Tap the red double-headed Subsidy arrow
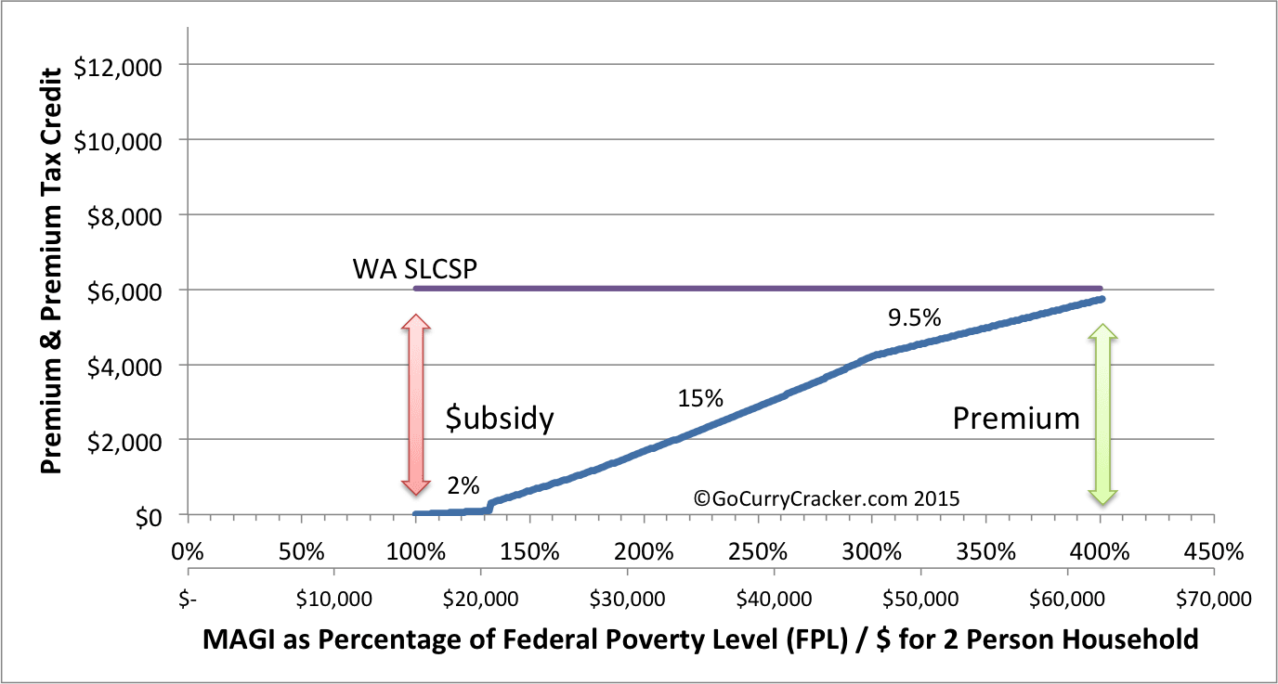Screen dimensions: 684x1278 point(416,405)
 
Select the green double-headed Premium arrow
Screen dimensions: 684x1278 point(1102,414)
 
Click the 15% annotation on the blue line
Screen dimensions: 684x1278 point(700,399)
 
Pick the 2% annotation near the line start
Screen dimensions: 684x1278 point(462,484)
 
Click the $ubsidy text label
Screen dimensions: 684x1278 point(500,419)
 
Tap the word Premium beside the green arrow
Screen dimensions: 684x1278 point(1016,419)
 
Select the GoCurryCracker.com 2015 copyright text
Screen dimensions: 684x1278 point(826,498)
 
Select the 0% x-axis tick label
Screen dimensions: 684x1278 point(188,551)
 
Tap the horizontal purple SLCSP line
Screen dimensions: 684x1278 point(757,289)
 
